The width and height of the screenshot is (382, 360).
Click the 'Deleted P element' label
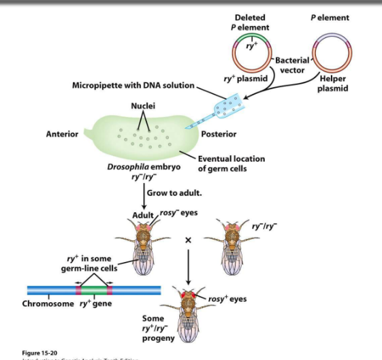(250, 22)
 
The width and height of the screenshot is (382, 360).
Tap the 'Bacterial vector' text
(292, 65)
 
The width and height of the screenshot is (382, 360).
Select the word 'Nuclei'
(142, 106)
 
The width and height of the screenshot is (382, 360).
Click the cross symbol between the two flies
(189, 240)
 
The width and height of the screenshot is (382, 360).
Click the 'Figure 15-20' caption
(40, 353)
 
